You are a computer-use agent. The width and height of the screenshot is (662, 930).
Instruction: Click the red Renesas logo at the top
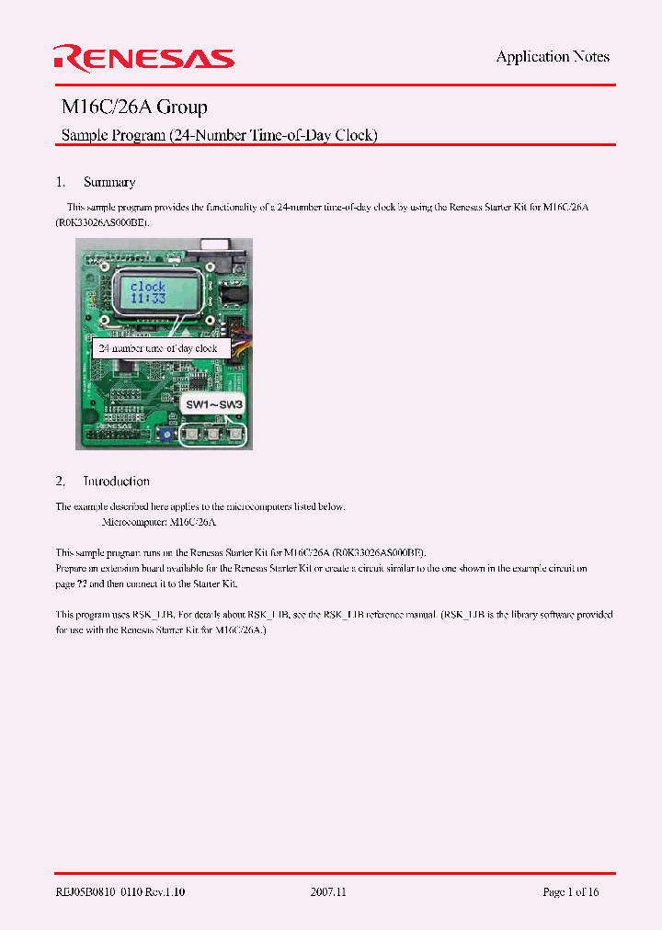(144, 58)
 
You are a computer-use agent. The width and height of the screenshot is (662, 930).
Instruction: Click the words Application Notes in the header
(553, 57)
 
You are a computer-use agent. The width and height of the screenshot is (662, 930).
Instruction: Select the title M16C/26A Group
(134, 108)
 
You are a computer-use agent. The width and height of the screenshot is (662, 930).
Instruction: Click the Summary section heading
(108, 182)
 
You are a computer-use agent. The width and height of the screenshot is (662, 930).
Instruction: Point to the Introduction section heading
(116, 481)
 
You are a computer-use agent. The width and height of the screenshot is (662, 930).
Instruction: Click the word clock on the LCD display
(147, 286)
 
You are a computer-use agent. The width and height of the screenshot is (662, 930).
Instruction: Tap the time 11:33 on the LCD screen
(147, 299)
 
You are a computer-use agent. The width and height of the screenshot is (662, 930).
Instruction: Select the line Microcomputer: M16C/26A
(158, 522)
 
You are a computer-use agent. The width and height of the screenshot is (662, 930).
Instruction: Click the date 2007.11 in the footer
(330, 891)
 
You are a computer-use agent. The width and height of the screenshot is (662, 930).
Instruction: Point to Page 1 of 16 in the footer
(571, 891)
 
